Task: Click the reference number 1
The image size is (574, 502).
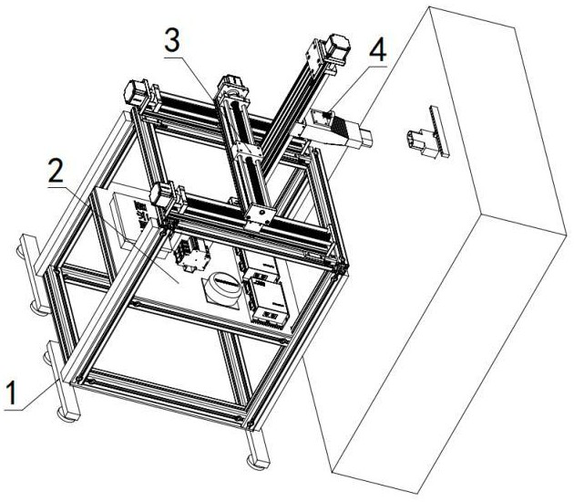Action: click(x=12, y=393)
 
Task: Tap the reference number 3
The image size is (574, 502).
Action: click(x=172, y=41)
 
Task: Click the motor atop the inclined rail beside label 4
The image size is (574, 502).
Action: click(x=337, y=50)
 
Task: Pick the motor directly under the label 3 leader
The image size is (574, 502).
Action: click(x=231, y=83)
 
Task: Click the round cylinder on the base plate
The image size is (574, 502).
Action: click(x=223, y=285)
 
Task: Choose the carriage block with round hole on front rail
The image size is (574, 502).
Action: click(x=261, y=216)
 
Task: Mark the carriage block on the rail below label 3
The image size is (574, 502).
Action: click(x=248, y=152)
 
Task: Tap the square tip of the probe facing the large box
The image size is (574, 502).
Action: click(x=365, y=138)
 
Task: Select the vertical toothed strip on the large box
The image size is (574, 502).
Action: click(x=439, y=131)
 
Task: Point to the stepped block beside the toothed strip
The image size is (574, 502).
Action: click(x=421, y=142)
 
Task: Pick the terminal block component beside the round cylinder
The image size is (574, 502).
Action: click(x=192, y=254)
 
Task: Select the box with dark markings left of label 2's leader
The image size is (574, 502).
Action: click(x=128, y=220)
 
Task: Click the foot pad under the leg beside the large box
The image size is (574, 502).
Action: click(x=259, y=463)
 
